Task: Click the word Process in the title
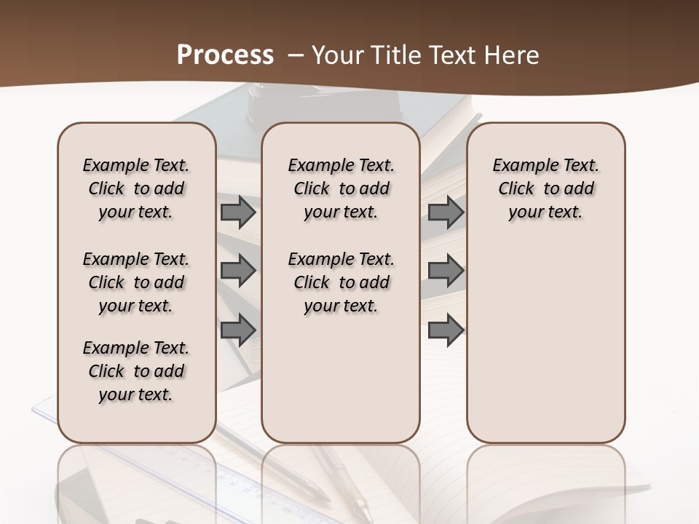point(225,55)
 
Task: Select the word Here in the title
point(513,55)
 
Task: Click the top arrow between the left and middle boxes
point(238,213)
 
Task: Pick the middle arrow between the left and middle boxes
point(238,271)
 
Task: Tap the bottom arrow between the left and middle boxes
point(238,330)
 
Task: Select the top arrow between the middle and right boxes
point(446,213)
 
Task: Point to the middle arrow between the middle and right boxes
point(446,271)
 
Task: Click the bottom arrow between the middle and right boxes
point(446,330)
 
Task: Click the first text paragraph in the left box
point(136,188)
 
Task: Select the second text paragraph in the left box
point(136,282)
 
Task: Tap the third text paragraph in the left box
point(136,371)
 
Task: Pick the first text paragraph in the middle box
point(341,188)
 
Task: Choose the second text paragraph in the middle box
point(341,282)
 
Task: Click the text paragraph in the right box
point(546,188)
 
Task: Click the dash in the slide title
point(295,55)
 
